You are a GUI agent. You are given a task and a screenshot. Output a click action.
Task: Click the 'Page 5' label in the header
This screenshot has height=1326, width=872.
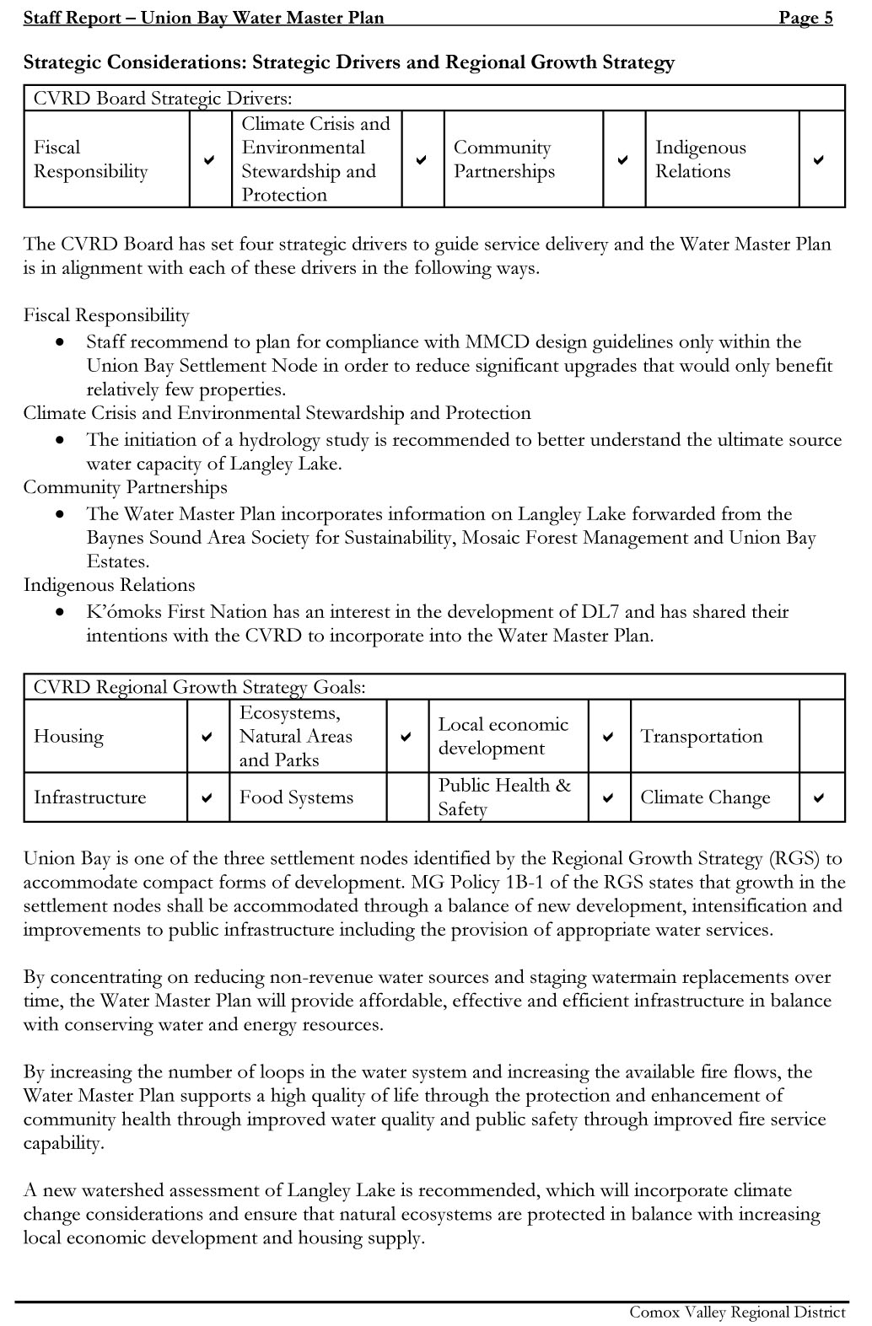click(x=805, y=18)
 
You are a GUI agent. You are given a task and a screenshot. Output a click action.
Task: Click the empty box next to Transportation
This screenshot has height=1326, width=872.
click(x=821, y=736)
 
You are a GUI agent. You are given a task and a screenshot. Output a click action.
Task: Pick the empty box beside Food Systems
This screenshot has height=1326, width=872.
click(x=407, y=797)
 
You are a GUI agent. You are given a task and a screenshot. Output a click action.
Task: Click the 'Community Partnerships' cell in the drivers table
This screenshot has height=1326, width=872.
click(x=504, y=159)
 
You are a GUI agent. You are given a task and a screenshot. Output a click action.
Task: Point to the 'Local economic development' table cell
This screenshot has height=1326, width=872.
click(x=503, y=736)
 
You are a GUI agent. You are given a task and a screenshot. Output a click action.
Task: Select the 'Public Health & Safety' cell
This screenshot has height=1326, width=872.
click(x=503, y=797)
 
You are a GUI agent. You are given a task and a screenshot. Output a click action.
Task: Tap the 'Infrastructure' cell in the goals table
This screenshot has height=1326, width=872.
click(x=90, y=797)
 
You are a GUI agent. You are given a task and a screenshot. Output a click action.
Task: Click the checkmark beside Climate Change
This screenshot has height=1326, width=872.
click(x=818, y=797)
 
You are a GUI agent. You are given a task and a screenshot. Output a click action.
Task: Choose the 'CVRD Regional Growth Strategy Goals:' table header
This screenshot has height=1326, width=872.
click(x=200, y=687)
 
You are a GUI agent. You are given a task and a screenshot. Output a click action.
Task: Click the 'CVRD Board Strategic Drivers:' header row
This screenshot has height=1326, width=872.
click(x=163, y=99)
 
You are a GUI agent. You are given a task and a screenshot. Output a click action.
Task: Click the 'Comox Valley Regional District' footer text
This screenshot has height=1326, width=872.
click(x=737, y=1313)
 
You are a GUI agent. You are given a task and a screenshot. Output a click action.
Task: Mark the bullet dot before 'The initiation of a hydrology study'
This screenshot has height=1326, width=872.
click(x=60, y=441)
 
